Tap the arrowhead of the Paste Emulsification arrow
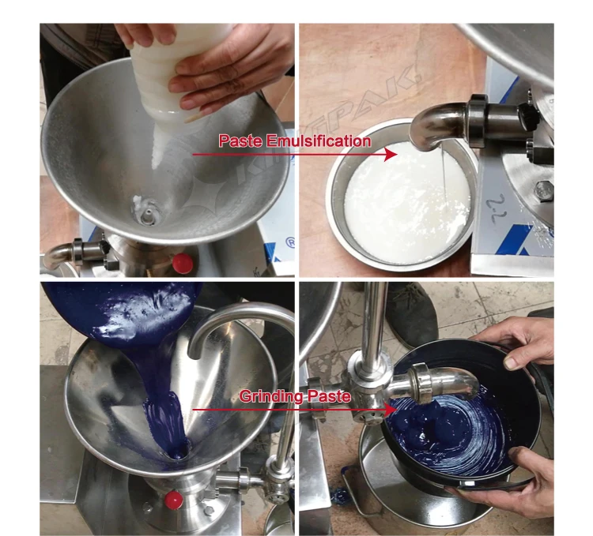pyautogui.click(x=390, y=155)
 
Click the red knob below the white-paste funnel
pyautogui.click(x=183, y=263)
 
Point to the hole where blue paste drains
pyautogui.click(x=176, y=451)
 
